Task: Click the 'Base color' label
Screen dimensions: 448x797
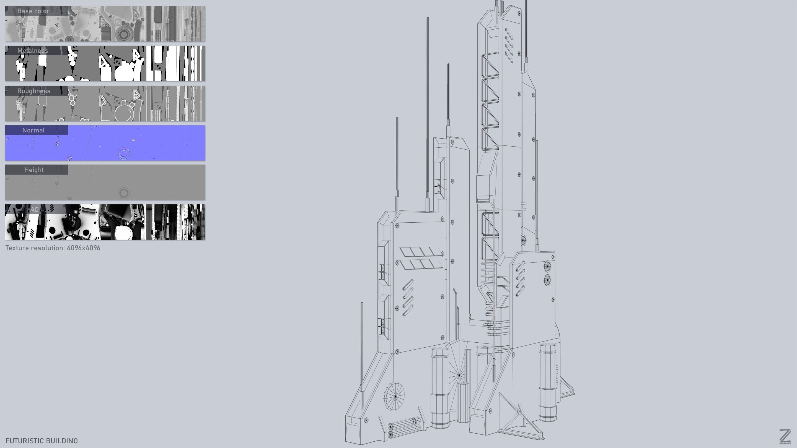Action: click(x=33, y=11)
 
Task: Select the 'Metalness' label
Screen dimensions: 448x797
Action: click(x=33, y=51)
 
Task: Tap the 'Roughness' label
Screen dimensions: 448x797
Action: click(x=34, y=91)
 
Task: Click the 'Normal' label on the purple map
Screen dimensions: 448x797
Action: click(x=33, y=131)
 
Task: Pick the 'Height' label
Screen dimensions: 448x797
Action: click(x=34, y=170)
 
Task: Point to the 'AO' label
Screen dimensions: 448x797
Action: click(x=34, y=210)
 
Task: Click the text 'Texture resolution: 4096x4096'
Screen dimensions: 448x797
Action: click(x=53, y=248)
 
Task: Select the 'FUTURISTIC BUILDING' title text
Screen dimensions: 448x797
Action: click(x=42, y=441)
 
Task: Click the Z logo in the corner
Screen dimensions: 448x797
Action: click(x=785, y=437)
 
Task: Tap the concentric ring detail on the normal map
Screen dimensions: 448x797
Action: click(x=124, y=153)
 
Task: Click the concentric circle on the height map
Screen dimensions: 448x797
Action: click(x=124, y=193)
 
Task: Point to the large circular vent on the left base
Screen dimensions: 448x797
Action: click(x=394, y=396)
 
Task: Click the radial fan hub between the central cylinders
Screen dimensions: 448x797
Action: click(x=459, y=375)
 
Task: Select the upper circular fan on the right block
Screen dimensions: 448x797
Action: click(x=547, y=266)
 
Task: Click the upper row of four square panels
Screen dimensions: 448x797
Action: click(x=421, y=252)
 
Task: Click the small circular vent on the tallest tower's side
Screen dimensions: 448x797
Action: click(x=523, y=239)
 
